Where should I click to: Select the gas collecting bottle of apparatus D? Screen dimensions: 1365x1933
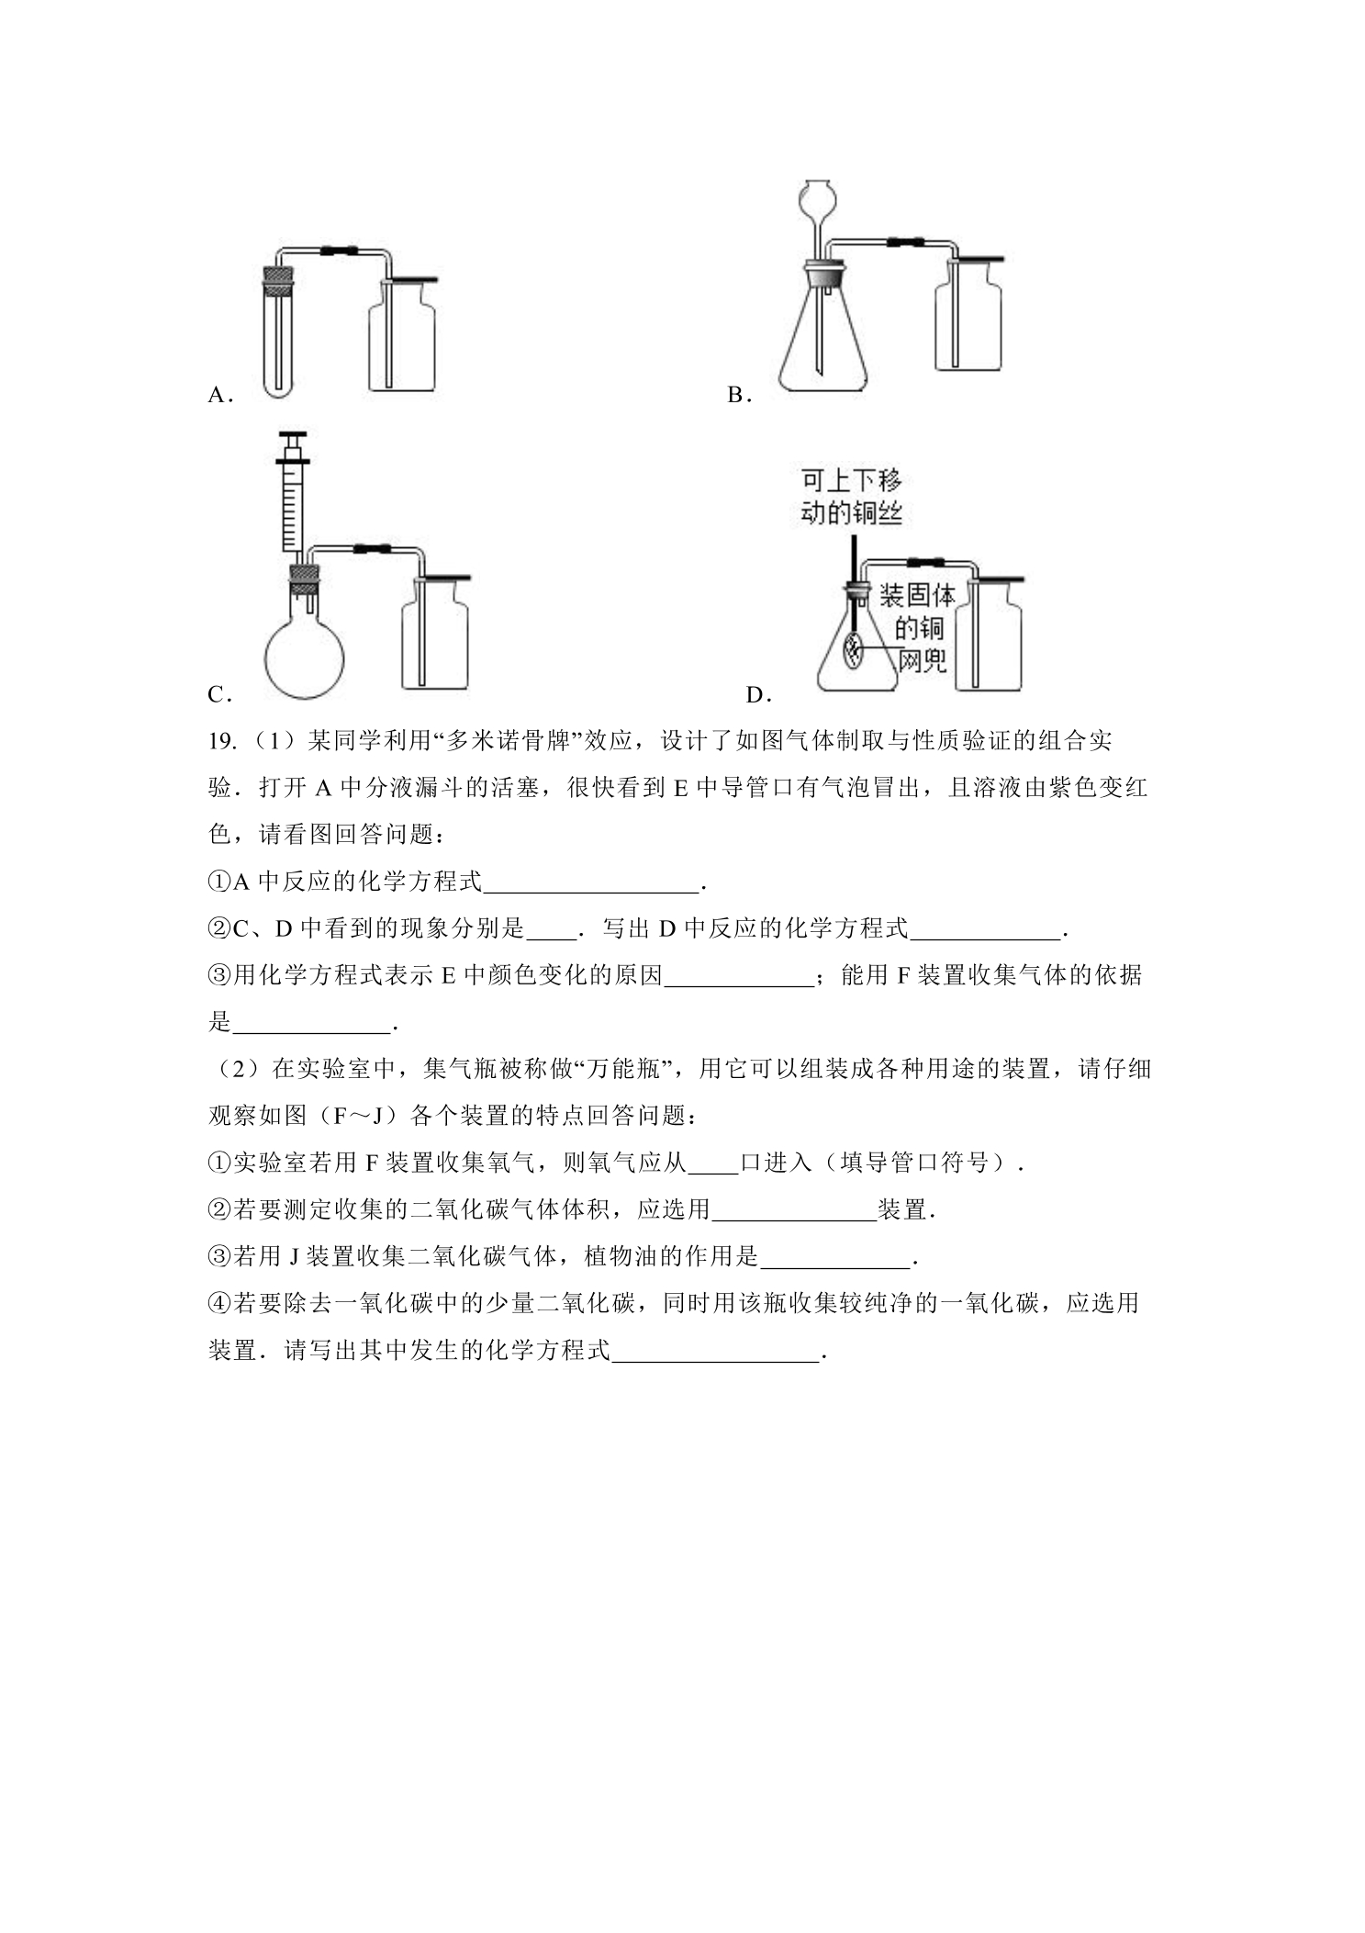[x=989, y=634]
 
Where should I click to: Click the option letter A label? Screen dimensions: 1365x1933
[x=220, y=395]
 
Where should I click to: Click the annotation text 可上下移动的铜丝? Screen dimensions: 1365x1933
[x=851, y=497]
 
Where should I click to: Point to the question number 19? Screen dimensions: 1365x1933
[x=222, y=741]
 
